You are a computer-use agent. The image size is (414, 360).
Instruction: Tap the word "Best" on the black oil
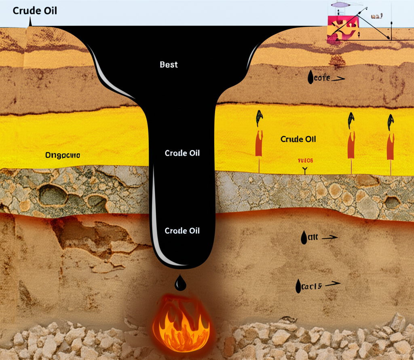click(169, 64)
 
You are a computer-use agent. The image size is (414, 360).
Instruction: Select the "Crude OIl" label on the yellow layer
click(298, 139)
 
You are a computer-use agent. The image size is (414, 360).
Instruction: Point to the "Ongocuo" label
click(63, 155)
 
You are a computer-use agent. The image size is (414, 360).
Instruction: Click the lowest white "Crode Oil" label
click(182, 231)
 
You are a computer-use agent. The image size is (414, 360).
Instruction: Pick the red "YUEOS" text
click(305, 161)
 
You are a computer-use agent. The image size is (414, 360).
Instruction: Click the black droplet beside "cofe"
click(310, 78)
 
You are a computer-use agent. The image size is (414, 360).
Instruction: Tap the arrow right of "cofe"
click(339, 79)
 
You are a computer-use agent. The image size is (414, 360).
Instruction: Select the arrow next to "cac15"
click(333, 284)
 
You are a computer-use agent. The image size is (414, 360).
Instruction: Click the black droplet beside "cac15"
click(298, 286)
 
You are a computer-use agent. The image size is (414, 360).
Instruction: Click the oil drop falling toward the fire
click(180, 283)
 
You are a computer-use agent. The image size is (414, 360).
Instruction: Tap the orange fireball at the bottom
click(181, 318)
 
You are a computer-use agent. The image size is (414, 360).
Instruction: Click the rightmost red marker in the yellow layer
click(391, 144)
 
